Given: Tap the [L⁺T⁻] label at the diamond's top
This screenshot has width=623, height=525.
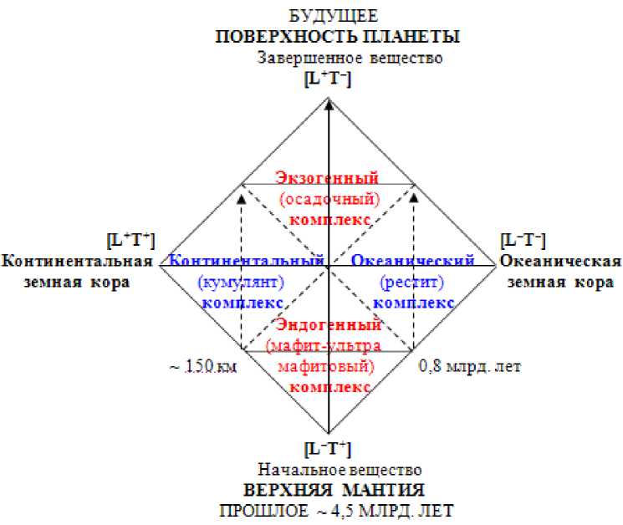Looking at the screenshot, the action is point(327,79).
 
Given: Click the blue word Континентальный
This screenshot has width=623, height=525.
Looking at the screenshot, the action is point(247,261).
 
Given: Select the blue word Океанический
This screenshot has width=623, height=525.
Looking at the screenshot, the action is point(413,261).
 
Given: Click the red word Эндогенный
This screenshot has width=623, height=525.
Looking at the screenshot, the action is point(328,324).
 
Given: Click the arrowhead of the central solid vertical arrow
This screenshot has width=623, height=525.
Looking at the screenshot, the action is point(329,104).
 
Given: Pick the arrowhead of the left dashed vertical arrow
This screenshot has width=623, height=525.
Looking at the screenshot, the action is point(241,198).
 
